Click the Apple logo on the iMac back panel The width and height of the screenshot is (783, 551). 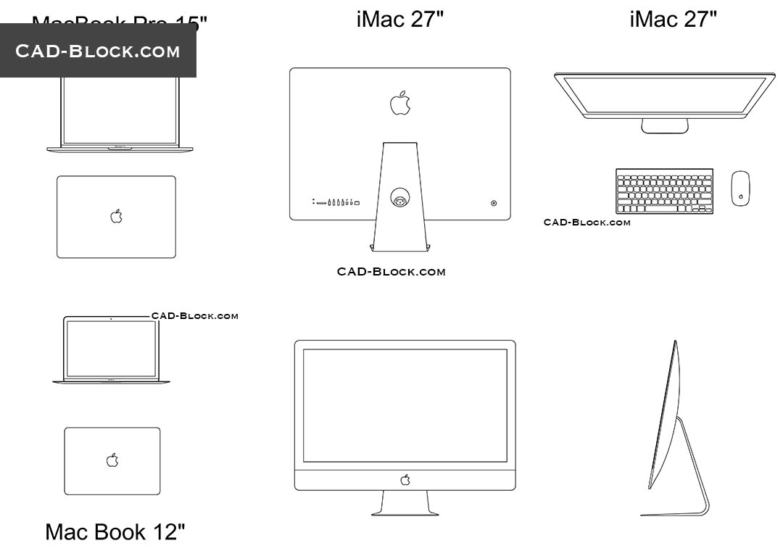click(x=400, y=103)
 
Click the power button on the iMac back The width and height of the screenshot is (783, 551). click(x=494, y=203)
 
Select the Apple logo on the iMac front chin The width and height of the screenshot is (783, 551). click(x=405, y=479)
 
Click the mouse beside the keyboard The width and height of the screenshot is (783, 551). click(x=740, y=188)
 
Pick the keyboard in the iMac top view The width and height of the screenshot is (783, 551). click(x=664, y=191)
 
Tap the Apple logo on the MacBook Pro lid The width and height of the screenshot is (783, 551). click(x=116, y=216)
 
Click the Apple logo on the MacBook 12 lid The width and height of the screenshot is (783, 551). click(x=112, y=460)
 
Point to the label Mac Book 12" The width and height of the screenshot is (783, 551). click(x=115, y=531)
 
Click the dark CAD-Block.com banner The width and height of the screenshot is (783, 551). click(x=98, y=51)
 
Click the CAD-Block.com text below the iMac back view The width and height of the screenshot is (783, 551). click(x=391, y=272)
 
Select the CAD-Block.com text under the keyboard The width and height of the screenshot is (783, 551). click(x=587, y=223)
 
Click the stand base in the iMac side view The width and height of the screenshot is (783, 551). click(x=674, y=514)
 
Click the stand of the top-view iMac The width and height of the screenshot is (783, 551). click(x=664, y=126)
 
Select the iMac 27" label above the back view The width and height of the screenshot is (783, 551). click(x=399, y=20)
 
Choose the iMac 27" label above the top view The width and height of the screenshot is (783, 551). click(x=673, y=20)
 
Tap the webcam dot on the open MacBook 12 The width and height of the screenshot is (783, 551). click(x=111, y=318)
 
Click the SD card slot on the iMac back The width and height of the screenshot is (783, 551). click(x=321, y=203)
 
